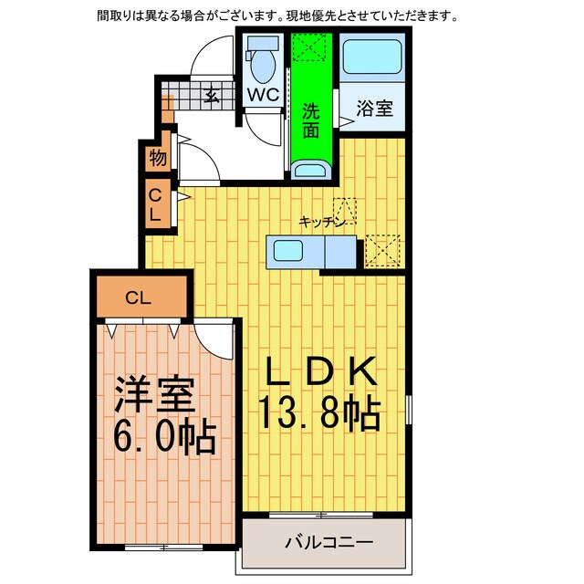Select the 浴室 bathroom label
(x=374, y=108)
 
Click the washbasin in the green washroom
(x=312, y=169)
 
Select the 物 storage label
(x=158, y=158)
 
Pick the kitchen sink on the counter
(x=294, y=251)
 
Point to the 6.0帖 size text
(x=164, y=440)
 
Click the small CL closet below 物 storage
(x=156, y=206)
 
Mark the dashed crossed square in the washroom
(x=311, y=47)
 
